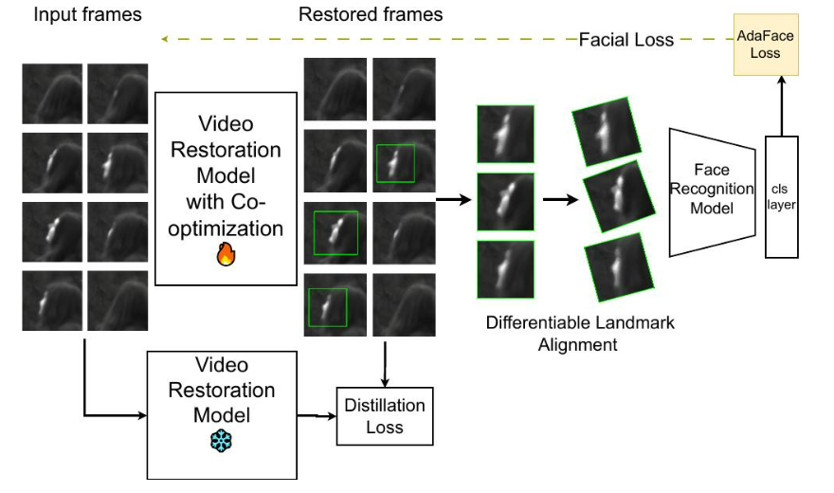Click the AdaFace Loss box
pyautogui.click(x=765, y=45)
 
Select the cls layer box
pyautogui.click(x=781, y=196)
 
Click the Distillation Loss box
pyautogui.click(x=385, y=415)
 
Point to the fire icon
pyautogui.click(x=226, y=255)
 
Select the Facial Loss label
pyautogui.click(x=626, y=39)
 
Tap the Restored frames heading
pyautogui.click(x=371, y=14)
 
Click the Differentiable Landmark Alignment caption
pyautogui.click(x=579, y=333)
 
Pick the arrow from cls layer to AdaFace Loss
pyautogui.click(x=781, y=106)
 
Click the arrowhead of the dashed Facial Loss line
pyautogui.click(x=165, y=39)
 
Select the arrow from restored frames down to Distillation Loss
pyautogui.click(x=385, y=360)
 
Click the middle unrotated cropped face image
pyautogui.click(x=505, y=201)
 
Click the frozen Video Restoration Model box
pyautogui.click(x=221, y=414)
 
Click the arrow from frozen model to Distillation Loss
pyautogui.click(x=317, y=415)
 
